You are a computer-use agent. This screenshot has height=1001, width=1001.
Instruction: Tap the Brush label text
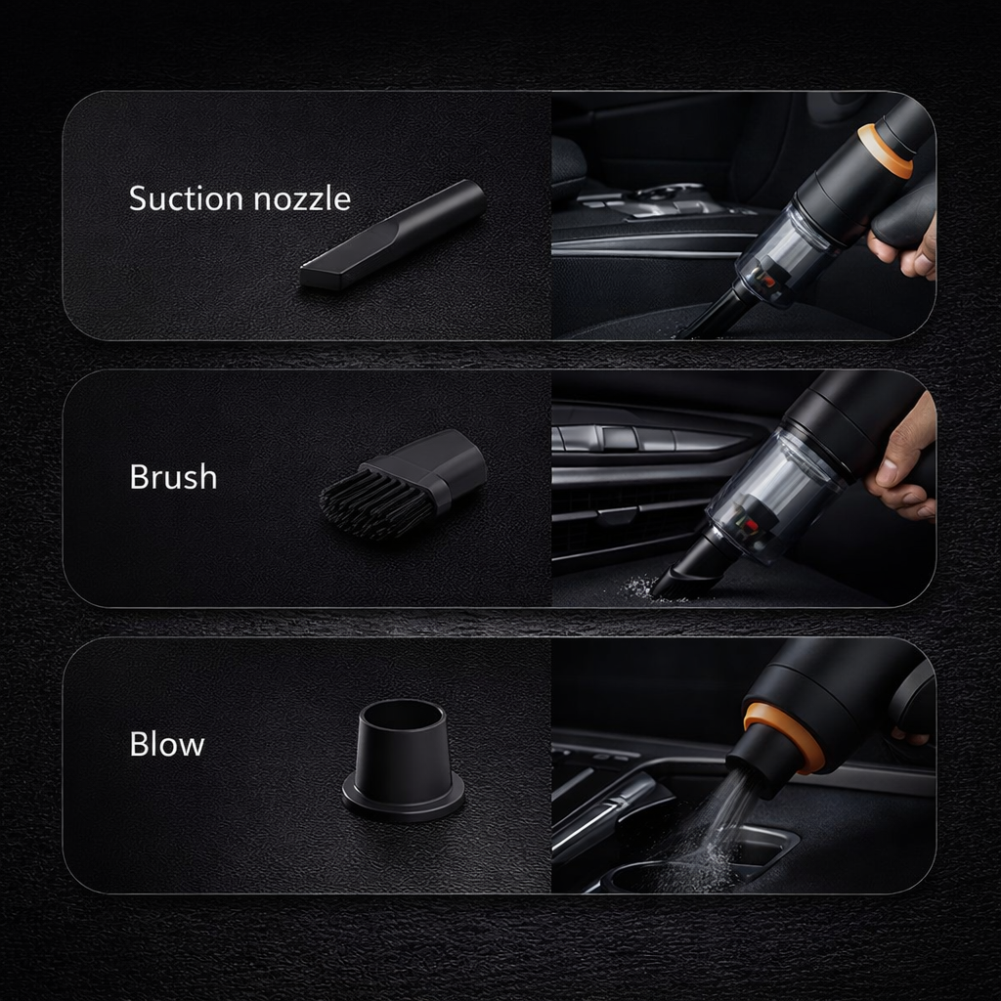[173, 477]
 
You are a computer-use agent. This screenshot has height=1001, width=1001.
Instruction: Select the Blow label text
[167, 744]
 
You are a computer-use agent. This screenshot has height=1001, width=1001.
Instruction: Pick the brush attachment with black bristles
[405, 485]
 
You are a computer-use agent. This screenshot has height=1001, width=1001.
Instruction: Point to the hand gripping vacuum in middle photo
[905, 459]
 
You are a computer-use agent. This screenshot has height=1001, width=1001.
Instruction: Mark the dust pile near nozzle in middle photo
[639, 587]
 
